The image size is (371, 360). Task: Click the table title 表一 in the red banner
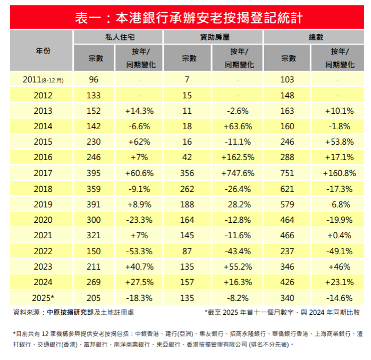pyautogui.click(x=189, y=18)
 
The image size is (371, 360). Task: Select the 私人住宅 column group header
pyautogui.click(x=117, y=37)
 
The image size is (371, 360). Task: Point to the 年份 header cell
pyautogui.click(x=43, y=51)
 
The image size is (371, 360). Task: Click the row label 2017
pyautogui.click(x=43, y=173)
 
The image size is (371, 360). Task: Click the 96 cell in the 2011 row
pyautogui.click(x=94, y=80)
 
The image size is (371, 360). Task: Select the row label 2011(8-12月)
pyautogui.click(x=43, y=80)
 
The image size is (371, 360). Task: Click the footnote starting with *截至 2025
pyautogui.click(x=282, y=313)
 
